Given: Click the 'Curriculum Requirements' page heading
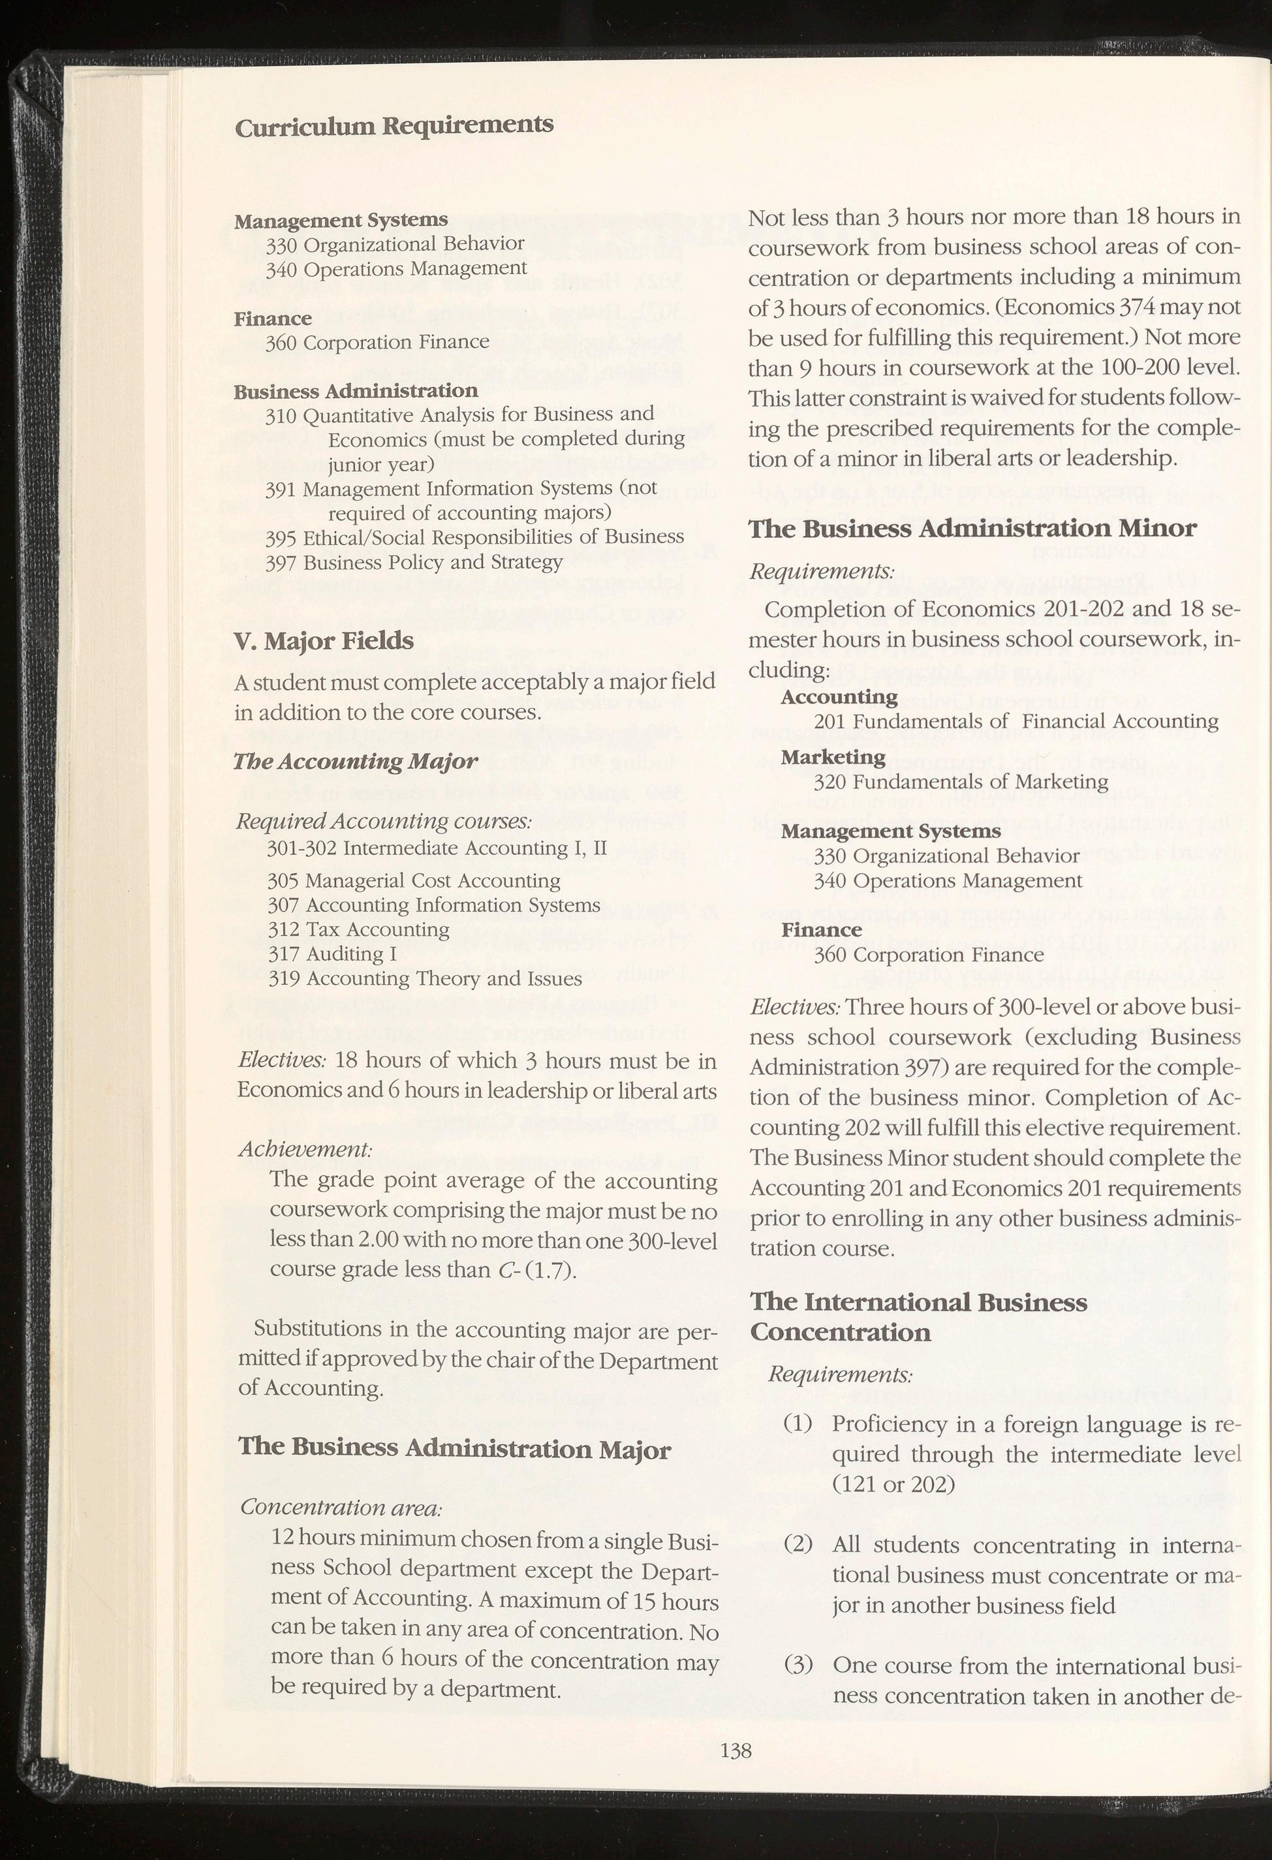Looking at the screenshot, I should pos(393,126).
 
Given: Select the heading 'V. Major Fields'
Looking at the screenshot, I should pos(324,641).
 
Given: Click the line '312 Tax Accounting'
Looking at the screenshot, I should pos(358,929).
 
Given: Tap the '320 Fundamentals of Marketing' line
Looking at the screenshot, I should pos(961,781).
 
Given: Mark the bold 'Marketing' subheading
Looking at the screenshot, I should pos(833,757).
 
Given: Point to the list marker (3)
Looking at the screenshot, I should pos(798,1666).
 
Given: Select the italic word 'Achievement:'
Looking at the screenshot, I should pos(305,1149).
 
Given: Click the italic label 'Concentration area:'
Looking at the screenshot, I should pos(341,1507).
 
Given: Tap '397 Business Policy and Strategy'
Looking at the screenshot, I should pos(414,563).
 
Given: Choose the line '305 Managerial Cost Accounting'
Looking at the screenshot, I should pos(413,881).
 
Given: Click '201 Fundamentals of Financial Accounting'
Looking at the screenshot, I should pos(1016,721).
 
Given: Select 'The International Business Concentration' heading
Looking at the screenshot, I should pos(918,1316).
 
